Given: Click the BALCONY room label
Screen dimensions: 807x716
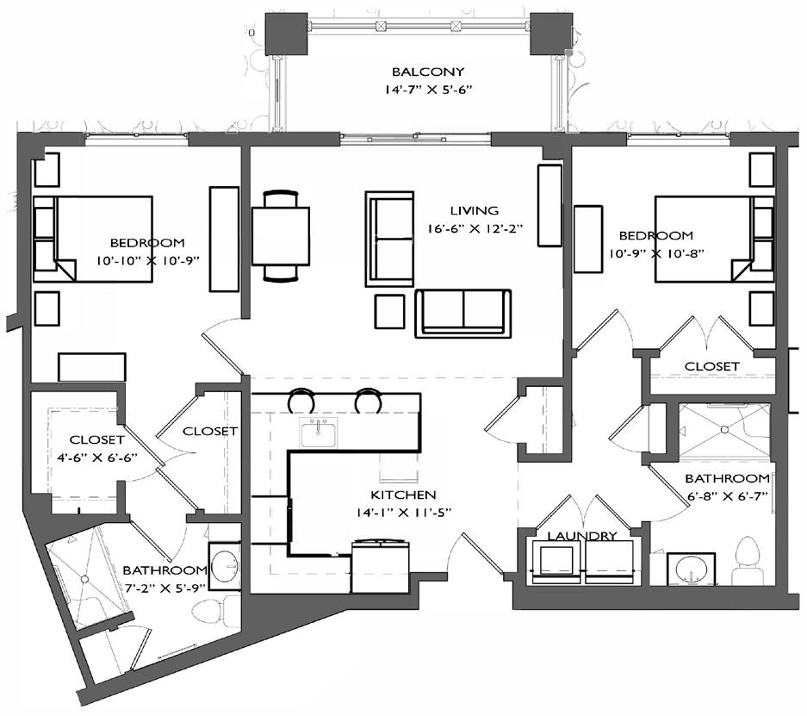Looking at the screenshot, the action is [428, 72].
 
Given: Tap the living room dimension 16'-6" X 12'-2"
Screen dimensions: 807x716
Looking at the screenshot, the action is [475, 228].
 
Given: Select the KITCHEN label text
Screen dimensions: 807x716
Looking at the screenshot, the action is [403, 495].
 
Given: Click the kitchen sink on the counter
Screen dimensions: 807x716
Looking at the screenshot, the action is [319, 433].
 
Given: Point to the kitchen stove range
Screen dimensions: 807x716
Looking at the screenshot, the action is [381, 565].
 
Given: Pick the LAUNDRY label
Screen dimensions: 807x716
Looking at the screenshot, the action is [581, 536].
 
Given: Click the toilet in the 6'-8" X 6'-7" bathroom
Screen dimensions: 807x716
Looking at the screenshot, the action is [748, 561].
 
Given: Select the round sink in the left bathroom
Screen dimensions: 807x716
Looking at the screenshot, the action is [225, 566].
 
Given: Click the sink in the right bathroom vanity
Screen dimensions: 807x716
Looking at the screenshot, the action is [691, 570].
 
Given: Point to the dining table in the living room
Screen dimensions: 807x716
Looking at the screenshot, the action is [281, 236].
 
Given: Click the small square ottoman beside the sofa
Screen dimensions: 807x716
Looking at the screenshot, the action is [389, 311].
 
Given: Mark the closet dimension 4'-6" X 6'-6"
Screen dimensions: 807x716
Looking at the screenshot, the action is [97, 458].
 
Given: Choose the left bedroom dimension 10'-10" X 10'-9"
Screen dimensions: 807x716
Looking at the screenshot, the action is [148, 260].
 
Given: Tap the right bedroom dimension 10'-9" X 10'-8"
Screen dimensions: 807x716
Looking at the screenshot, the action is [656, 254].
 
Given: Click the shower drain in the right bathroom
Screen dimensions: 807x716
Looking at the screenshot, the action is [724, 429].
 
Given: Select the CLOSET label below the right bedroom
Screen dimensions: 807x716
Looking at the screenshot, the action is [711, 366].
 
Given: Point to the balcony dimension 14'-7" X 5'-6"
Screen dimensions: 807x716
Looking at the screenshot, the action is [428, 90].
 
